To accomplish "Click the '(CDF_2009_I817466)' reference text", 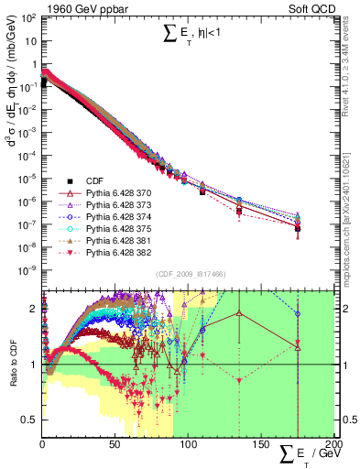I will coord(189,273).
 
